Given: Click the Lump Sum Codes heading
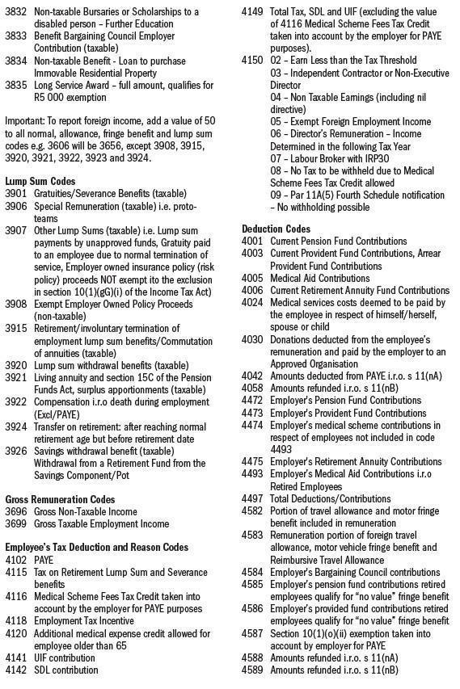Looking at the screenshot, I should click(x=40, y=182).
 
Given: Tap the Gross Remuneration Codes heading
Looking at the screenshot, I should click(x=60, y=499).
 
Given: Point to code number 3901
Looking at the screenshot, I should click(x=16, y=194).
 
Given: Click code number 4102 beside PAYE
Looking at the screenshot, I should click(x=16, y=560).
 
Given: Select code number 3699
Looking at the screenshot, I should click(x=16, y=523).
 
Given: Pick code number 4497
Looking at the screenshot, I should click(x=253, y=499).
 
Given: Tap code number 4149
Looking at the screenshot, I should click(x=253, y=11).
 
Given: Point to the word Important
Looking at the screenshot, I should click(x=25, y=121).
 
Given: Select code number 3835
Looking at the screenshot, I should click(x=16, y=85).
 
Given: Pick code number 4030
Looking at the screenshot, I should click(x=253, y=339).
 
